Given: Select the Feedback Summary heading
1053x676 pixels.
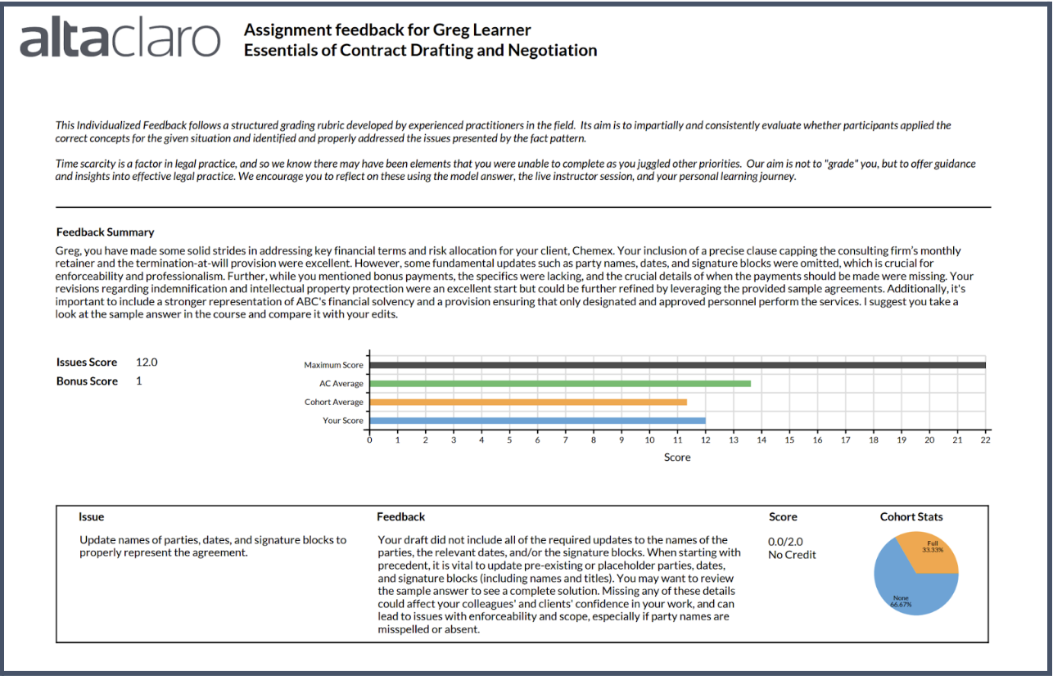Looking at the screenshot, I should (x=105, y=232).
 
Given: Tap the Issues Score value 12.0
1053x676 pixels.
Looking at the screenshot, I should (x=147, y=362).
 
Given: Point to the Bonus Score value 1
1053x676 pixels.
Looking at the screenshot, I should (x=139, y=381).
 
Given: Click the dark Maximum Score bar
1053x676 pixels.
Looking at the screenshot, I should (x=677, y=365).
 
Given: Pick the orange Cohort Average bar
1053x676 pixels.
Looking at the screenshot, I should (x=528, y=402).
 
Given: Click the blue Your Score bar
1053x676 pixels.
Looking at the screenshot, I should (x=537, y=421).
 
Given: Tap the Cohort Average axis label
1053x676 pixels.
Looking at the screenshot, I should (x=333, y=402).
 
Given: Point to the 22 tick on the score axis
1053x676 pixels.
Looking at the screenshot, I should (x=985, y=439).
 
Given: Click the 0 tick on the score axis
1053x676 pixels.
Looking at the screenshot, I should (x=370, y=439).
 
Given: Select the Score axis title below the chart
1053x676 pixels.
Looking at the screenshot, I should (x=677, y=457).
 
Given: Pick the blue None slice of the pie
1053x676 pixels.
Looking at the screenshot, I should (x=905, y=593).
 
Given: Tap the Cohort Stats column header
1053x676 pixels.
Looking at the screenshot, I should (x=911, y=517).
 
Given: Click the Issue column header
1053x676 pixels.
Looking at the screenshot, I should (x=91, y=517).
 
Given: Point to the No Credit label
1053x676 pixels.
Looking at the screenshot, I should (x=792, y=555).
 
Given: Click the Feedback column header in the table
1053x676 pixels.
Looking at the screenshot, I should (x=400, y=517).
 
